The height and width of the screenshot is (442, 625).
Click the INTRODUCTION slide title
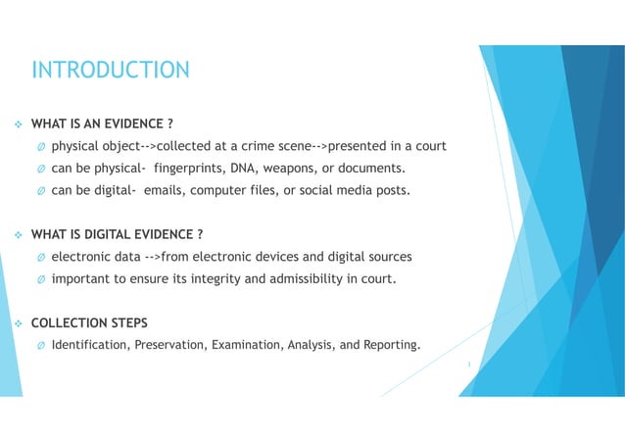[x=111, y=70]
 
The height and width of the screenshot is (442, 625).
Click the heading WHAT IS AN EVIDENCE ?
[x=103, y=124]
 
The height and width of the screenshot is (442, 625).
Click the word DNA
[x=244, y=169]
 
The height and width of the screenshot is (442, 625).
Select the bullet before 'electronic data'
[x=40, y=257]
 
